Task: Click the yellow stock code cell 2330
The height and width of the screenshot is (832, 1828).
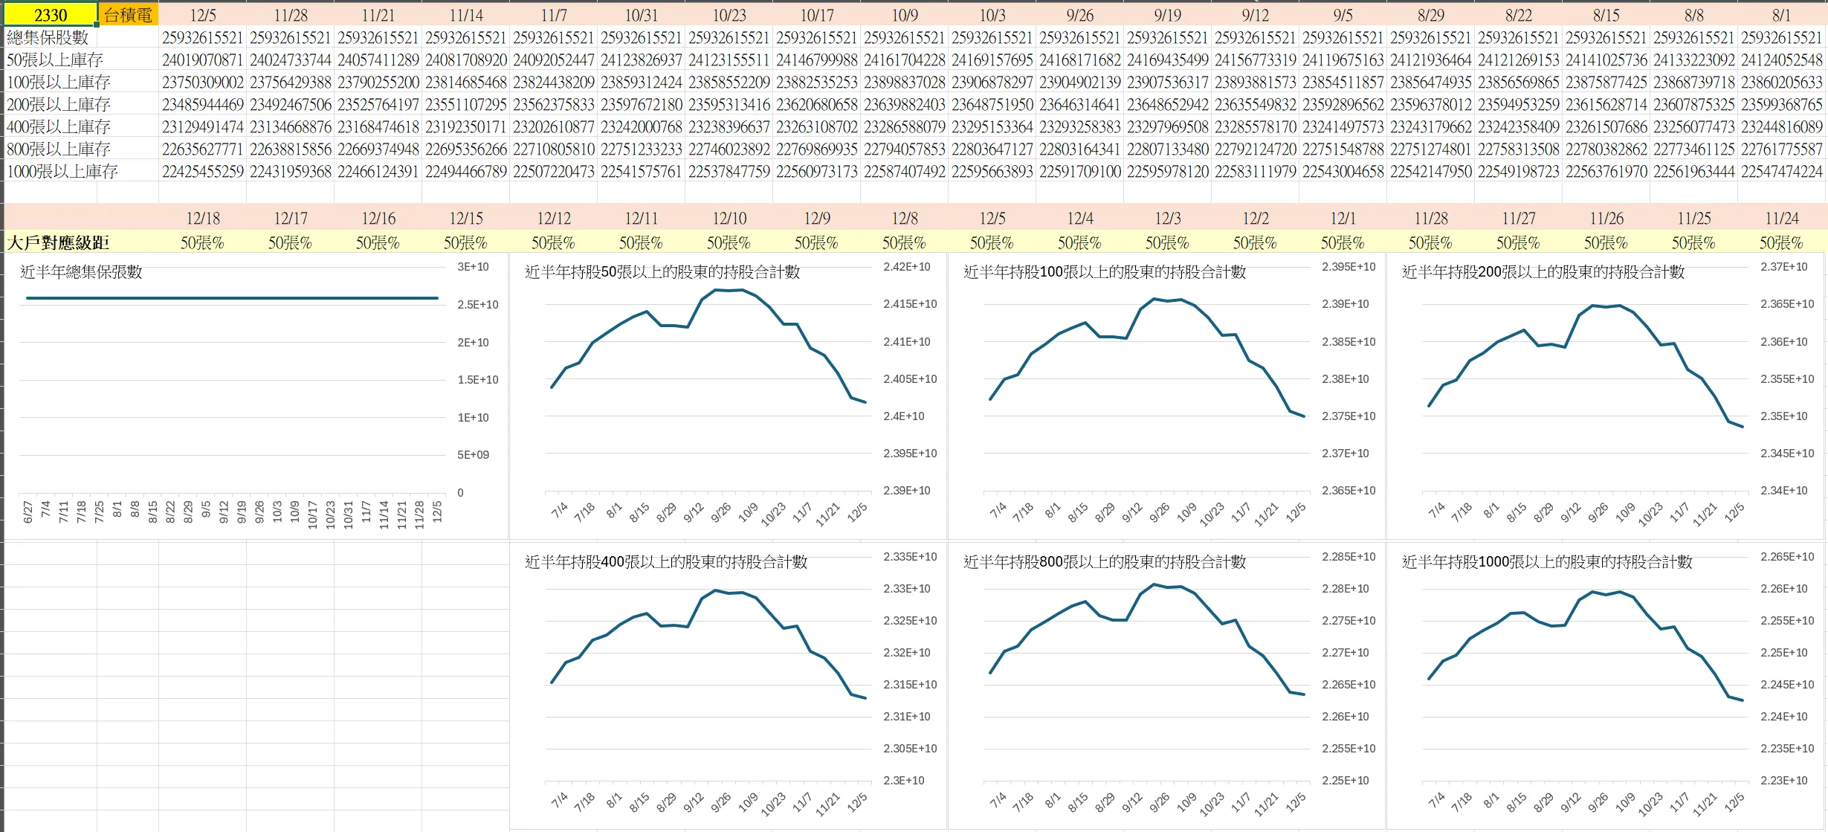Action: [x=50, y=15]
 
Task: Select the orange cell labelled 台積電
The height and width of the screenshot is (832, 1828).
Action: [x=128, y=15]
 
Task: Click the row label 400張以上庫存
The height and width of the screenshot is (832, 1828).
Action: [x=59, y=127]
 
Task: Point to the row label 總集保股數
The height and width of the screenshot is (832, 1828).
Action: [x=48, y=37]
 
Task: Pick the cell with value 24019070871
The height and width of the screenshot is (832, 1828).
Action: [x=203, y=60]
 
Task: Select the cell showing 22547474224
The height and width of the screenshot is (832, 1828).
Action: [x=1782, y=172]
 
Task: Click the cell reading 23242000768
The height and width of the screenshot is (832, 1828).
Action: [x=641, y=127]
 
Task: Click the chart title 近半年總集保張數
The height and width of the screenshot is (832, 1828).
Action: [x=81, y=272]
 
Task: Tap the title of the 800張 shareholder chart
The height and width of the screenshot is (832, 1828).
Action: [x=1104, y=562]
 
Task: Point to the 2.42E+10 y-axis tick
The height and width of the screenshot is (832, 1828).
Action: [x=906, y=267]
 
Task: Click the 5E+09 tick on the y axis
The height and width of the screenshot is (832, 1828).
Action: [x=473, y=455]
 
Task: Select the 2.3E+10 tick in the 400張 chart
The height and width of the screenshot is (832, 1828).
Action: [x=903, y=781]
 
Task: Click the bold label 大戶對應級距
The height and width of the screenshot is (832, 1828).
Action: [x=58, y=243]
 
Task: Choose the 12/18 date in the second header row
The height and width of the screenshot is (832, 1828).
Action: [x=203, y=219]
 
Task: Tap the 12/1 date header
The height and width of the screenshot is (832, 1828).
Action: [x=1343, y=219]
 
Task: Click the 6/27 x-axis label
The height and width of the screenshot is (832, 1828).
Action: [x=28, y=512]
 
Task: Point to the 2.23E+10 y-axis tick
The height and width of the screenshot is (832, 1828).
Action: [x=1783, y=781]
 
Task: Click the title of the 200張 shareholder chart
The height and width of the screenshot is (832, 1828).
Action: [x=1543, y=272]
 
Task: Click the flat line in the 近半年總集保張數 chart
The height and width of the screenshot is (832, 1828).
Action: [x=232, y=298]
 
